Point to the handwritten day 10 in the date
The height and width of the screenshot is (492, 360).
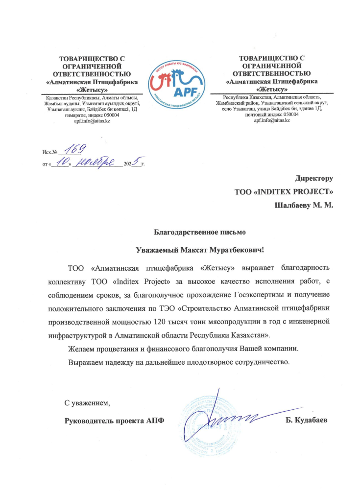point(62,163)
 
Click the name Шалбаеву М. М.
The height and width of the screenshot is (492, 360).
point(304,205)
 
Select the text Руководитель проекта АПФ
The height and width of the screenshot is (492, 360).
point(115,420)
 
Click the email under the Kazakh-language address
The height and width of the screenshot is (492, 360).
point(91,121)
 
